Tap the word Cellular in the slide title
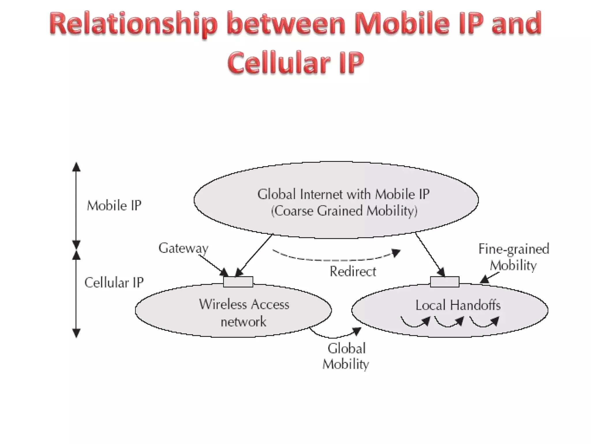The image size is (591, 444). (x=278, y=62)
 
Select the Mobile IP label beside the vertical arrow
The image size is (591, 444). (x=114, y=206)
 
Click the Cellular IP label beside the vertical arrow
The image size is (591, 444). (x=114, y=282)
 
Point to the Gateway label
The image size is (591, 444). (x=184, y=248)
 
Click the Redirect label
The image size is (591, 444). (x=353, y=271)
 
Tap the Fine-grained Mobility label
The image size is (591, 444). (x=514, y=257)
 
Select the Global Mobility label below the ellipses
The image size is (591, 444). (x=346, y=356)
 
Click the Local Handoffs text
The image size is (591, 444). (x=458, y=305)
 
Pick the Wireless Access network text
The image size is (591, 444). (x=244, y=313)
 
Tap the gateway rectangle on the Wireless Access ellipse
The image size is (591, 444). (x=238, y=282)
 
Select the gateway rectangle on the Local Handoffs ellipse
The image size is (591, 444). (x=444, y=282)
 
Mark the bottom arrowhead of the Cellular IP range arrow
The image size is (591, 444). (x=76, y=333)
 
